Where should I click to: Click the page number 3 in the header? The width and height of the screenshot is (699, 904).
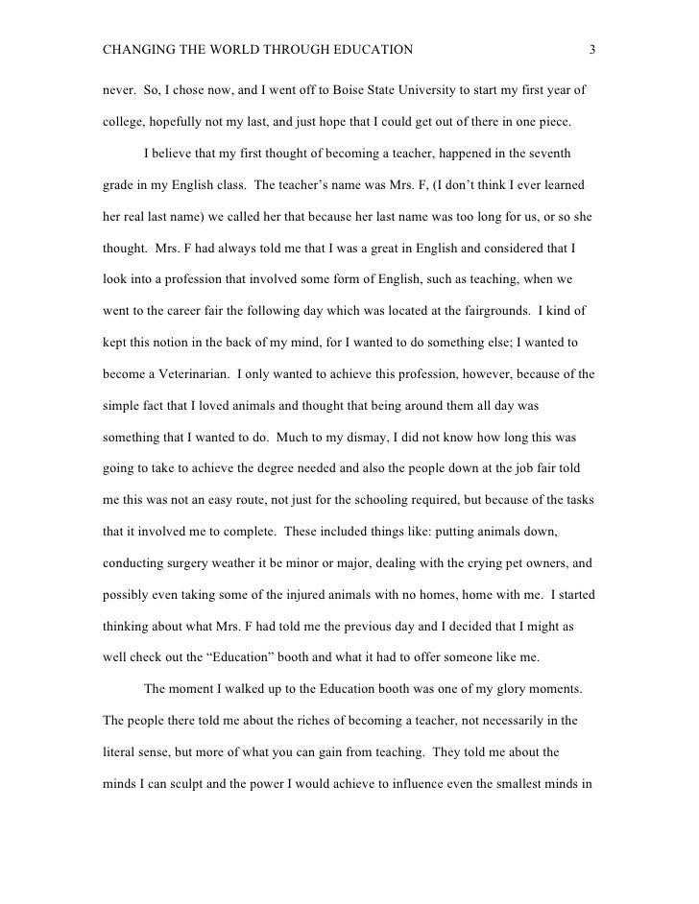(x=592, y=49)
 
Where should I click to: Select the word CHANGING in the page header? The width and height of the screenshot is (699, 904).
(x=135, y=49)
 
